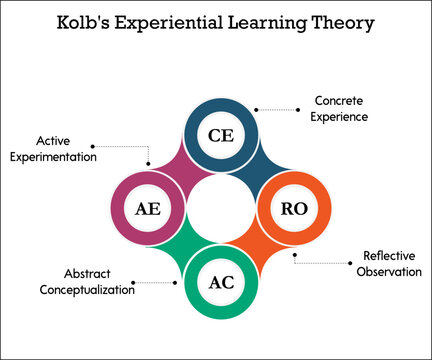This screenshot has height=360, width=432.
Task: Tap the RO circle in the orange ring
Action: (x=294, y=208)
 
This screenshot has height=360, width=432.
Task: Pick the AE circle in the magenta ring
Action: (x=147, y=208)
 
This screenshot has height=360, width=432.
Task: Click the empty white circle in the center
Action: (x=220, y=208)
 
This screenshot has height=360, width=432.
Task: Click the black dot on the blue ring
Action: (x=255, y=109)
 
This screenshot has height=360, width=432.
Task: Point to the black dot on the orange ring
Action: (x=295, y=255)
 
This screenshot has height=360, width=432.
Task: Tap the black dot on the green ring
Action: (x=174, y=282)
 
